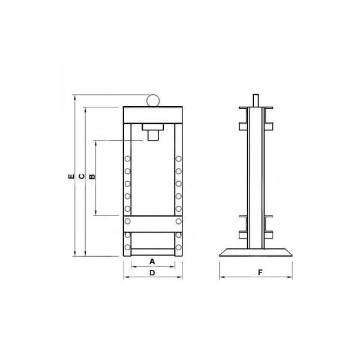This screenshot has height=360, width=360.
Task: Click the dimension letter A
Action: pyautogui.click(x=152, y=262)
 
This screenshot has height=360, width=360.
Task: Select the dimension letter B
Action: pyautogui.click(x=92, y=176)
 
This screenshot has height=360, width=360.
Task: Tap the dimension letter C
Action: pyautogui.click(x=82, y=176)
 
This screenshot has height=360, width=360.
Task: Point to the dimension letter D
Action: pyautogui.click(x=152, y=273)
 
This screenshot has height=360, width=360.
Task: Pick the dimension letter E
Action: pyautogui.click(x=71, y=176)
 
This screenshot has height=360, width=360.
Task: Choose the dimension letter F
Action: pyautogui.click(x=260, y=272)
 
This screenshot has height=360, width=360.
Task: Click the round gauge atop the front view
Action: pyautogui.click(x=153, y=100)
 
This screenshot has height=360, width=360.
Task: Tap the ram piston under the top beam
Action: pyautogui.click(x=153, y=135)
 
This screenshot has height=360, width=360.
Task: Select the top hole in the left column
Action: pyautogui.click(x=127, y=158)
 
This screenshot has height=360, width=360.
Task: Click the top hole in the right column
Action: pyautogui.click(x=178, y=158)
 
